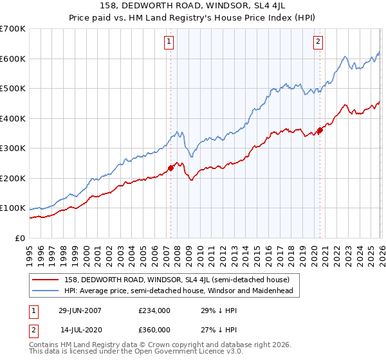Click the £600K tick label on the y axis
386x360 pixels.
pyautogui.click(x=13, y=59)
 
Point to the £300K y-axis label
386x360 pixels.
pyautogui.click(x=13, y=148)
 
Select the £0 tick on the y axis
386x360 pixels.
pyautogui.click(x=21, y=239)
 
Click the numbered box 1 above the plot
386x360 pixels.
pyautogui.click(x=169, y=42)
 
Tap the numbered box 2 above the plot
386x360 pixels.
pyautogui.click(x=318, y=42)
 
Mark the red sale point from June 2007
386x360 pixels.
pyautogui.click(x=170, y=168)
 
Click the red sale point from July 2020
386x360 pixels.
pyautogui.click(x=320, y=130)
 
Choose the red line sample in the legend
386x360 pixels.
pyautogui.click(x=46, y=280)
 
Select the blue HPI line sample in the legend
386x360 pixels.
pyautogui.click(x=46, y=291)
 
